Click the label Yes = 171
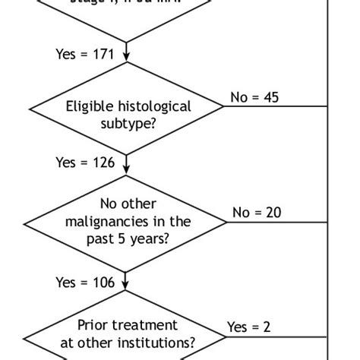click(84, 54)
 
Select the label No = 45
click(254, 97)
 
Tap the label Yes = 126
click(84, 163)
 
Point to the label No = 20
click(257, 213)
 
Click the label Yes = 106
click(84, 283)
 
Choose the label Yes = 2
click(249, 327)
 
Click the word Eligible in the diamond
click(87, 107)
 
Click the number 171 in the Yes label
click(102, 54)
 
